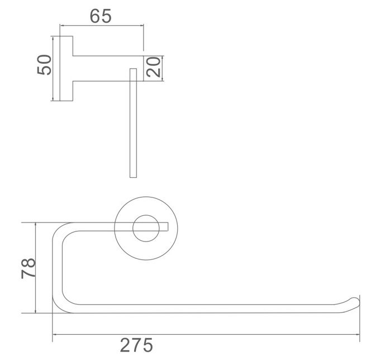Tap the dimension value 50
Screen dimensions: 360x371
click(44, 65)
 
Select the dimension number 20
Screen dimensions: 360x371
click(154, 68)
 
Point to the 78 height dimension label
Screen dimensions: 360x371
click(28, 268)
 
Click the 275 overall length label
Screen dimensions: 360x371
click(136, 345)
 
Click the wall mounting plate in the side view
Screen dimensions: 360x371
click(66, 69)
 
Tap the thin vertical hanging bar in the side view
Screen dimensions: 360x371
click(133, 123)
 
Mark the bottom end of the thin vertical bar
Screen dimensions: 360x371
click(133, 176)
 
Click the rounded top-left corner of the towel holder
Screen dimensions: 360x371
click(58, 229)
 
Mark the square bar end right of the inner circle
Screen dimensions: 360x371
click(165, 226)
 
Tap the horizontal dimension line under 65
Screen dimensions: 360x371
click(101, 26)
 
